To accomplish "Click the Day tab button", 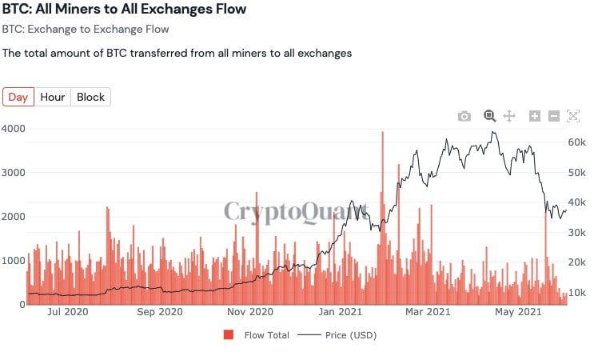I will pyautogui.click(x=18, y=97).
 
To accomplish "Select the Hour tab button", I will pyautogui.click(x=53, y=97).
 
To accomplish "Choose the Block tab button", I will pyautogui.click(x=90, y=97).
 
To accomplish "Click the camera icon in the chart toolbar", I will pyautogui.click(x=464, y=116).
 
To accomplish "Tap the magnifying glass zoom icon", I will pyautogui.click(x=489, y=116).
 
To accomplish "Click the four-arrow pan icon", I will pyautogui.click(x=510, y=116).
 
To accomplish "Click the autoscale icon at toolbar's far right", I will pyautogui.click(x=572, y=116).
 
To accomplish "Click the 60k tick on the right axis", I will pyautogui.click(x=577, y=142).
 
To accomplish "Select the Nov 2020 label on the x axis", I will pyautogui.click(x=251, y=311).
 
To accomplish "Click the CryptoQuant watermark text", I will pyautogui.click(x=297, y=211).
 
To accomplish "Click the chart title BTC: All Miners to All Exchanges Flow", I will pyautogui.click(x=124, y=10).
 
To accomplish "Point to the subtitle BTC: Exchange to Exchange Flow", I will pyautogui.click(x=86, y=30).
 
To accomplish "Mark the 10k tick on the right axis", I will pyautogui.click(x=577, y=292).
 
